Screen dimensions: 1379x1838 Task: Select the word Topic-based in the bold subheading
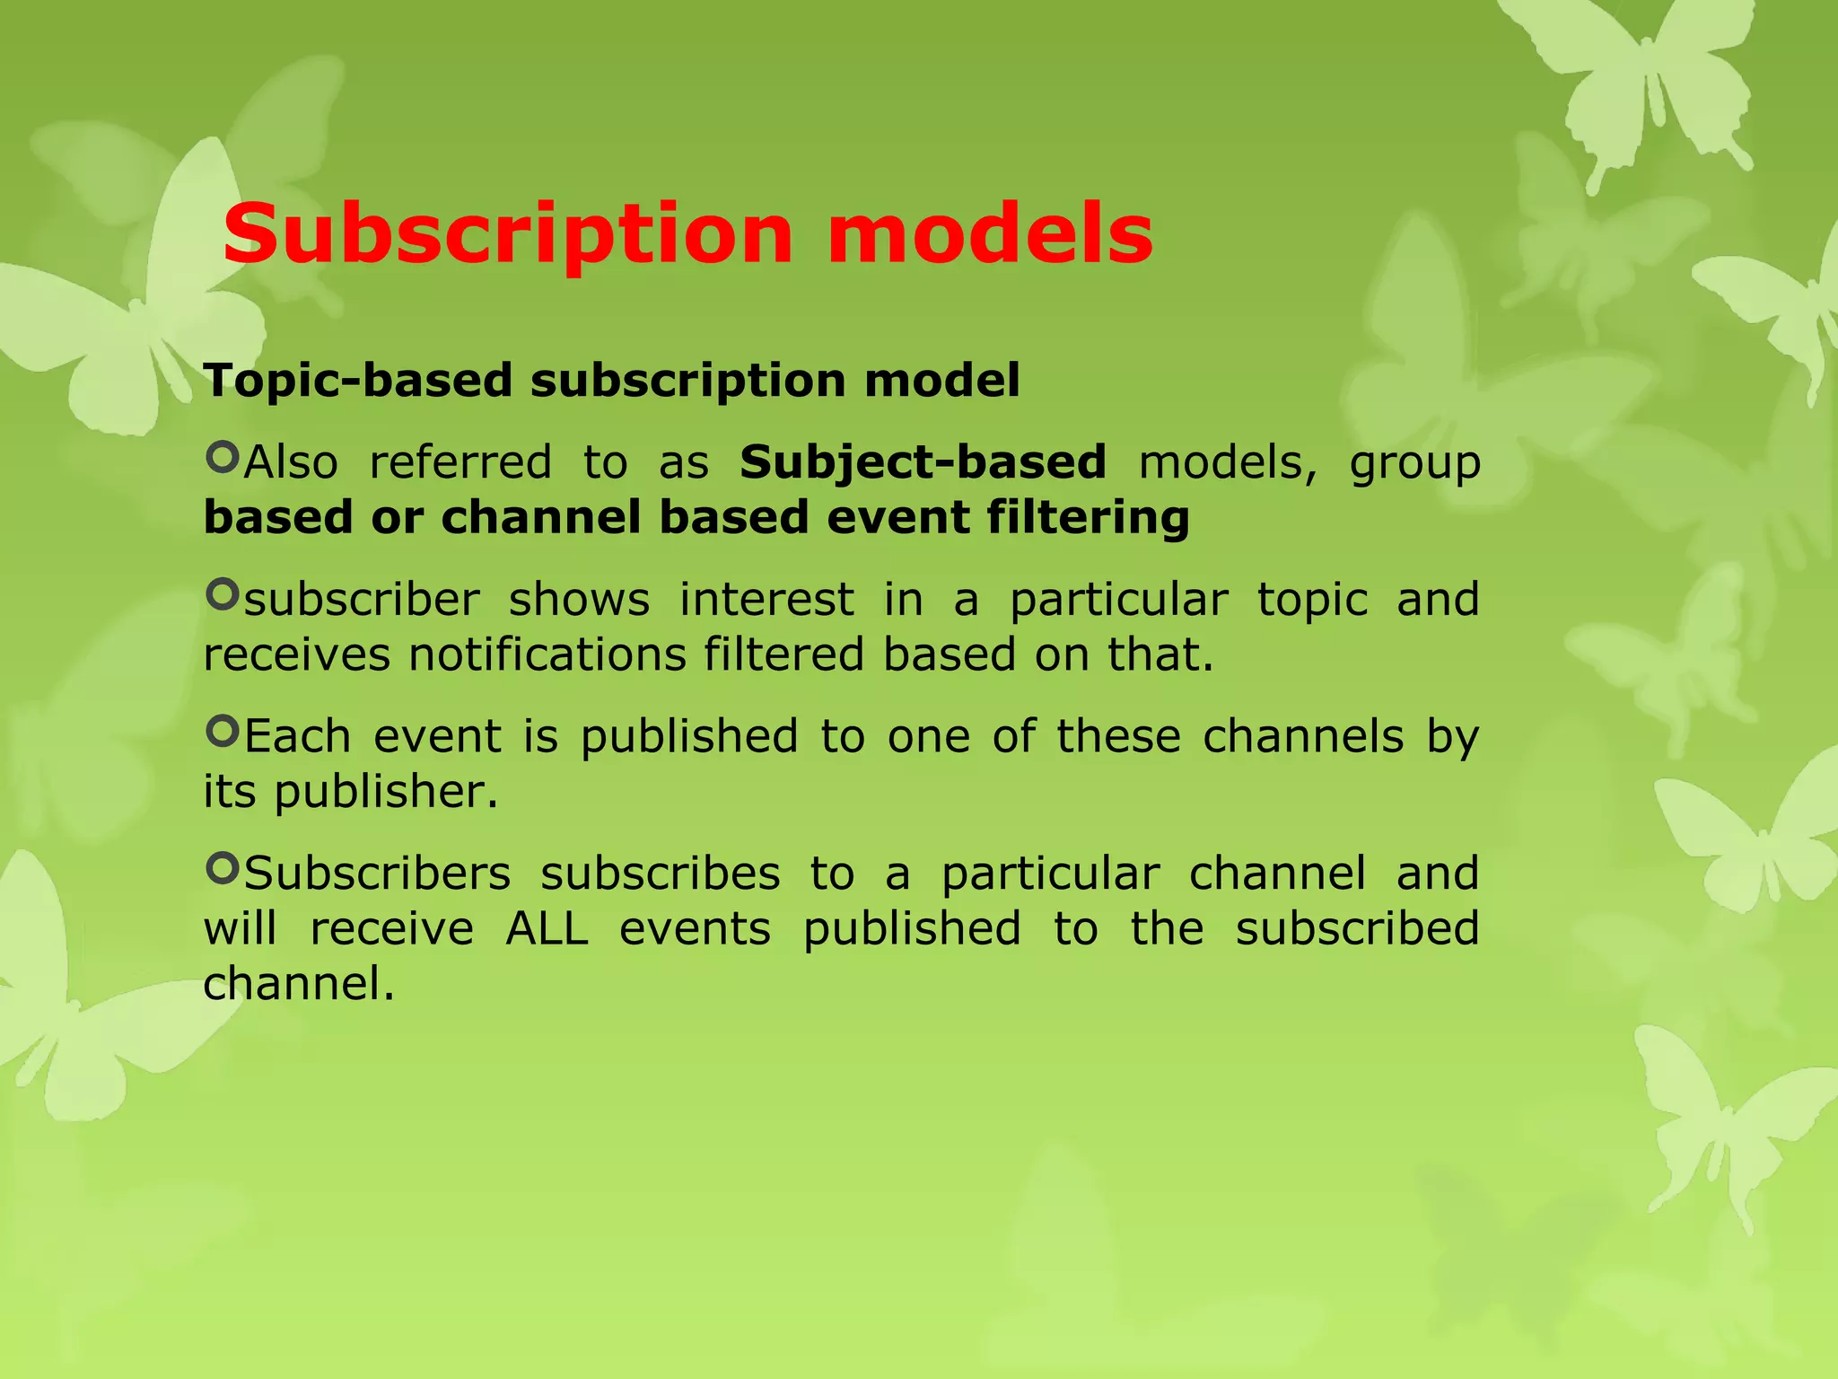click(x=356, y=381)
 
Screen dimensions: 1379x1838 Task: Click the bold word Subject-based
click(x=923, y=463)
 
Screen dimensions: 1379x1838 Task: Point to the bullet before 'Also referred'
click(x=222, y=458)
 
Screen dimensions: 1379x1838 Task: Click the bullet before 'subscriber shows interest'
click(x=222, y=594)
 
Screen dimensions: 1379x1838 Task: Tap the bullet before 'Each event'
click(x=222, y=732)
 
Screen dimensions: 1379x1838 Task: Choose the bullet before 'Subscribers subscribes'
click(x=222, y=868)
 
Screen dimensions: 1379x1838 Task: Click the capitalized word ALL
click(x=547, y=928)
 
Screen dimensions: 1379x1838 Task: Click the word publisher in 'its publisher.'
click(x=385, y=793)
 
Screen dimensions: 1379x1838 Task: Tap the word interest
click(x=766, y=600)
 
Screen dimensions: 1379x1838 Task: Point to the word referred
click(x=460, y=463)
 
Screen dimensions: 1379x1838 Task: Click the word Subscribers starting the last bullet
click(x=377, y=874)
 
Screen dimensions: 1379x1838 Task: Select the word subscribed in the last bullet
click(x=1357, y=928)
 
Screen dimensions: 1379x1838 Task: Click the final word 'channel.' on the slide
click(x=299, y=984)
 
